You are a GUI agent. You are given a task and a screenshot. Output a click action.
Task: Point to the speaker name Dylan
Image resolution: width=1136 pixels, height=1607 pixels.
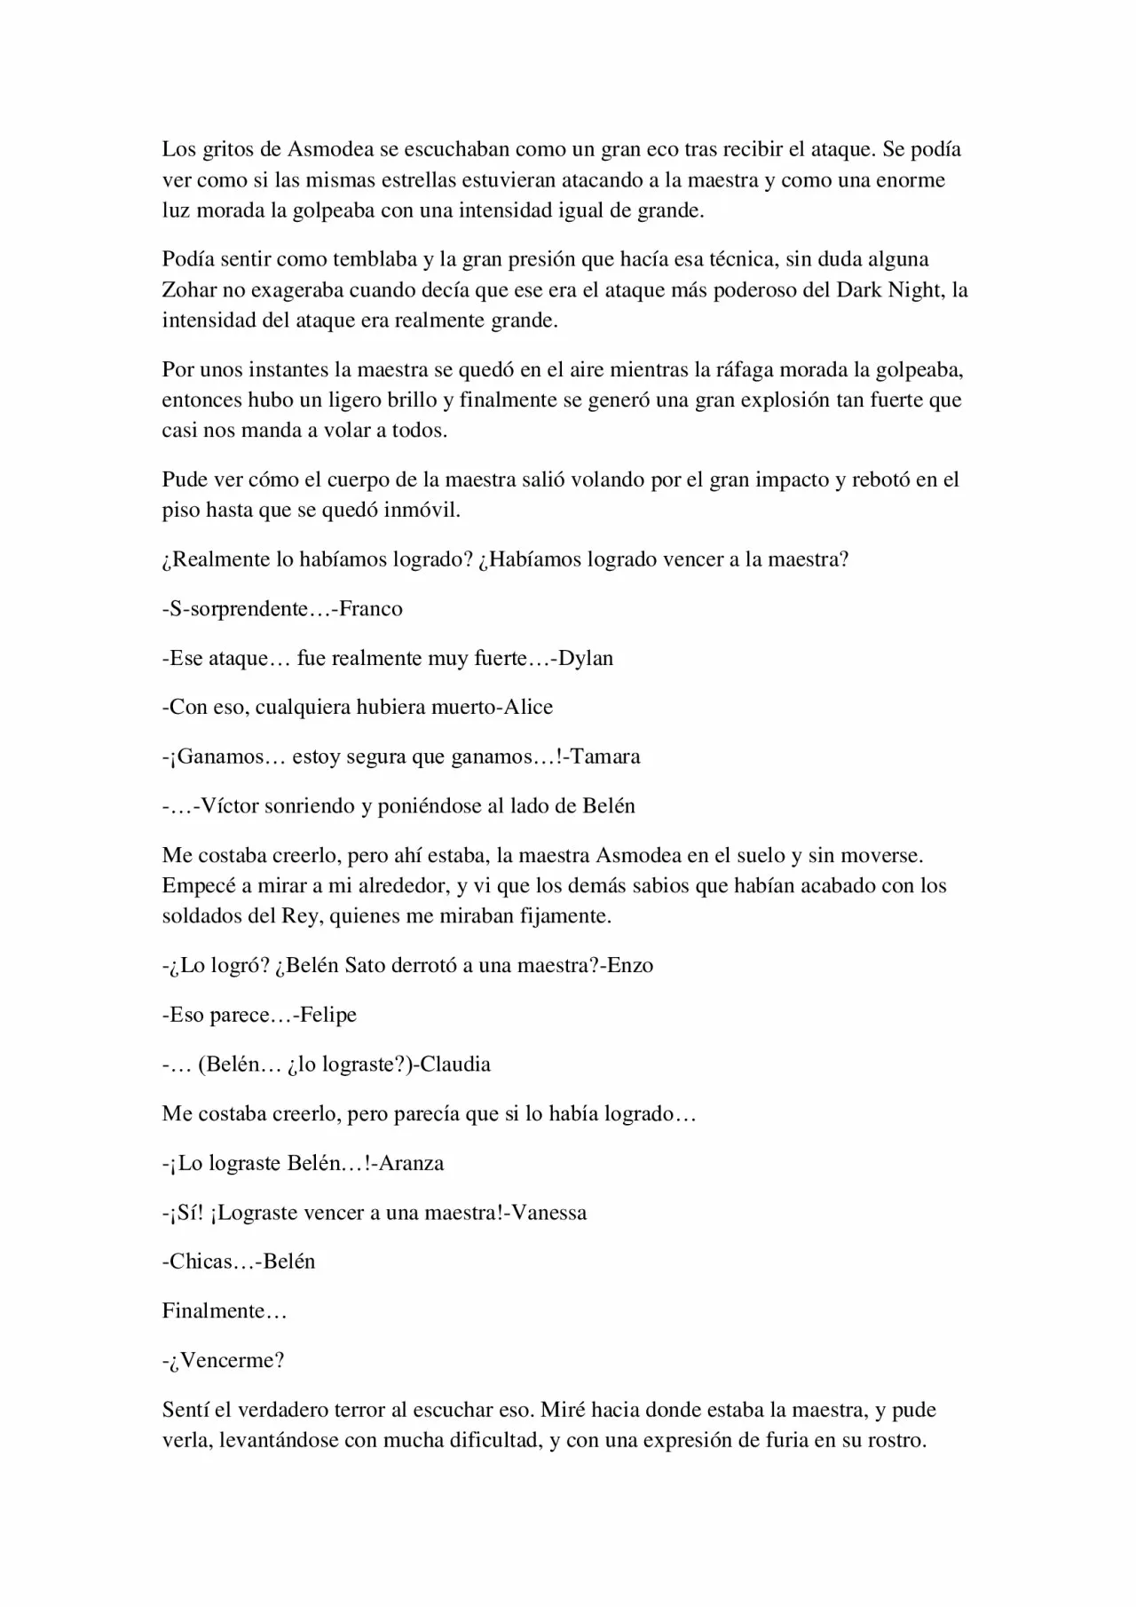(586, 659)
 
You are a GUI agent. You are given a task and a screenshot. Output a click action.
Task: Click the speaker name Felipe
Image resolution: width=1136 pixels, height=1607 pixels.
(328, 1015)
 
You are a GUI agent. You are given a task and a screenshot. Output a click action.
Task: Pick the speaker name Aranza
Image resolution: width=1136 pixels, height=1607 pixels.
(412, 1163)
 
